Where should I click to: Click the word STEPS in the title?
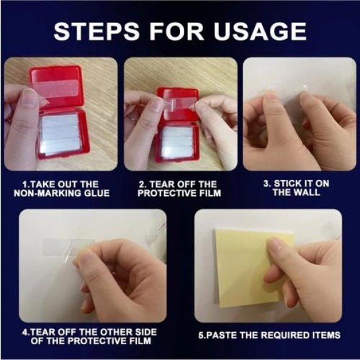[97, 32]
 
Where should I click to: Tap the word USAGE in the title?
[260, 32]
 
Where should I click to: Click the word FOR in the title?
[176, 32]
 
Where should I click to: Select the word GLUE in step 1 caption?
[97, 193]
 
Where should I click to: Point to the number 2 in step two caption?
[141, 184]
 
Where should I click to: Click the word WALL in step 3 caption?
[306, 192]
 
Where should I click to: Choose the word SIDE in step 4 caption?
[146, 332]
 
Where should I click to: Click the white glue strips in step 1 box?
[59, 134]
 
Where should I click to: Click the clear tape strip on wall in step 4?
[68, 247]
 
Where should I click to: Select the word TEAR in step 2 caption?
[161, 184]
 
